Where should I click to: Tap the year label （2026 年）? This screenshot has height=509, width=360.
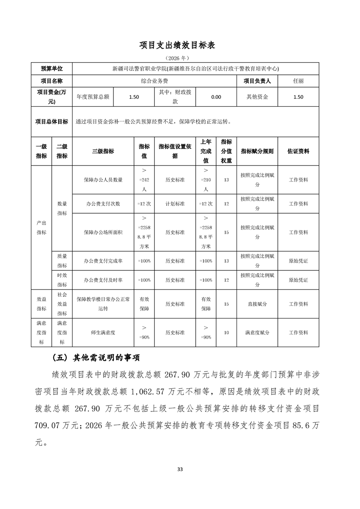pos(180,58)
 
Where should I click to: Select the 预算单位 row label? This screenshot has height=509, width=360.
pos(51,69)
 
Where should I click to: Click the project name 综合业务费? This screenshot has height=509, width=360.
pos(155,81)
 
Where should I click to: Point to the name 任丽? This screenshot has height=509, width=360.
pos(298,81)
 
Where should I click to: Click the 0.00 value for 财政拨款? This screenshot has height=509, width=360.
pos(216,97)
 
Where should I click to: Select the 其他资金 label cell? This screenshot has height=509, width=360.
pos(257,97)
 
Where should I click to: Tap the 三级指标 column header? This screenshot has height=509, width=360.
pos(103,151)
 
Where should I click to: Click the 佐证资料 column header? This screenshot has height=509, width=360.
pos(298,151)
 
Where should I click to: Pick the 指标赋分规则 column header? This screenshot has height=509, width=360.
pos(257,151)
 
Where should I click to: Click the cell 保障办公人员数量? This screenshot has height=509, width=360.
pos(103,180)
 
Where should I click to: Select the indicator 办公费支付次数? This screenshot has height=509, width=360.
pos(103,204)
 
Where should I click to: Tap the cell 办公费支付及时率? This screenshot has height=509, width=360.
pos(103,280)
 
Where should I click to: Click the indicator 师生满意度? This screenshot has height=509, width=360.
pos(103,333)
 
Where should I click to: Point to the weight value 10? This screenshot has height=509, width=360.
pos(226,333)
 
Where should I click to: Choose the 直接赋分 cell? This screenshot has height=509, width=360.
pos(257,304)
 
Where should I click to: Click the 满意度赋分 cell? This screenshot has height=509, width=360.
pos(257,333)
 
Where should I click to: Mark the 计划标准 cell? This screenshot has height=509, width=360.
pos(175,204)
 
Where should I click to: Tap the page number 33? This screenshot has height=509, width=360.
pos(180,469)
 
